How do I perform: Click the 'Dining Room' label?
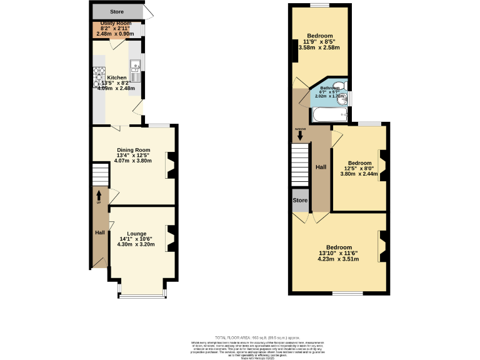(x=134, y=150)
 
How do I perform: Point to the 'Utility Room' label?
(x=116, y=24)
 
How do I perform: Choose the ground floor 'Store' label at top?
(x=117, y=11)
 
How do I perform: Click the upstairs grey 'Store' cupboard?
(x=300, y=200)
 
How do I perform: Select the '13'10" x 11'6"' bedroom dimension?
(x=338, y=253)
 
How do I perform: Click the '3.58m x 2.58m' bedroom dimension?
(x=319, y=47)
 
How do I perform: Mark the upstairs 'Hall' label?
(x=321, y=167)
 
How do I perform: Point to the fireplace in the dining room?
(x=170, y=166)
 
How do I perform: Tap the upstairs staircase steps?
(x=301, y=164)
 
